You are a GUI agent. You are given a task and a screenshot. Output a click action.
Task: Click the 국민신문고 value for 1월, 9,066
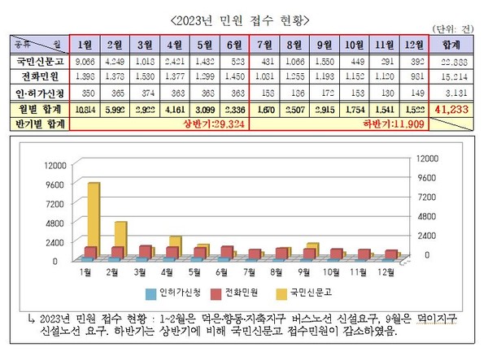[84, 63]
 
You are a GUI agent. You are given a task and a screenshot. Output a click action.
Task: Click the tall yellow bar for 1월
[94, 219]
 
